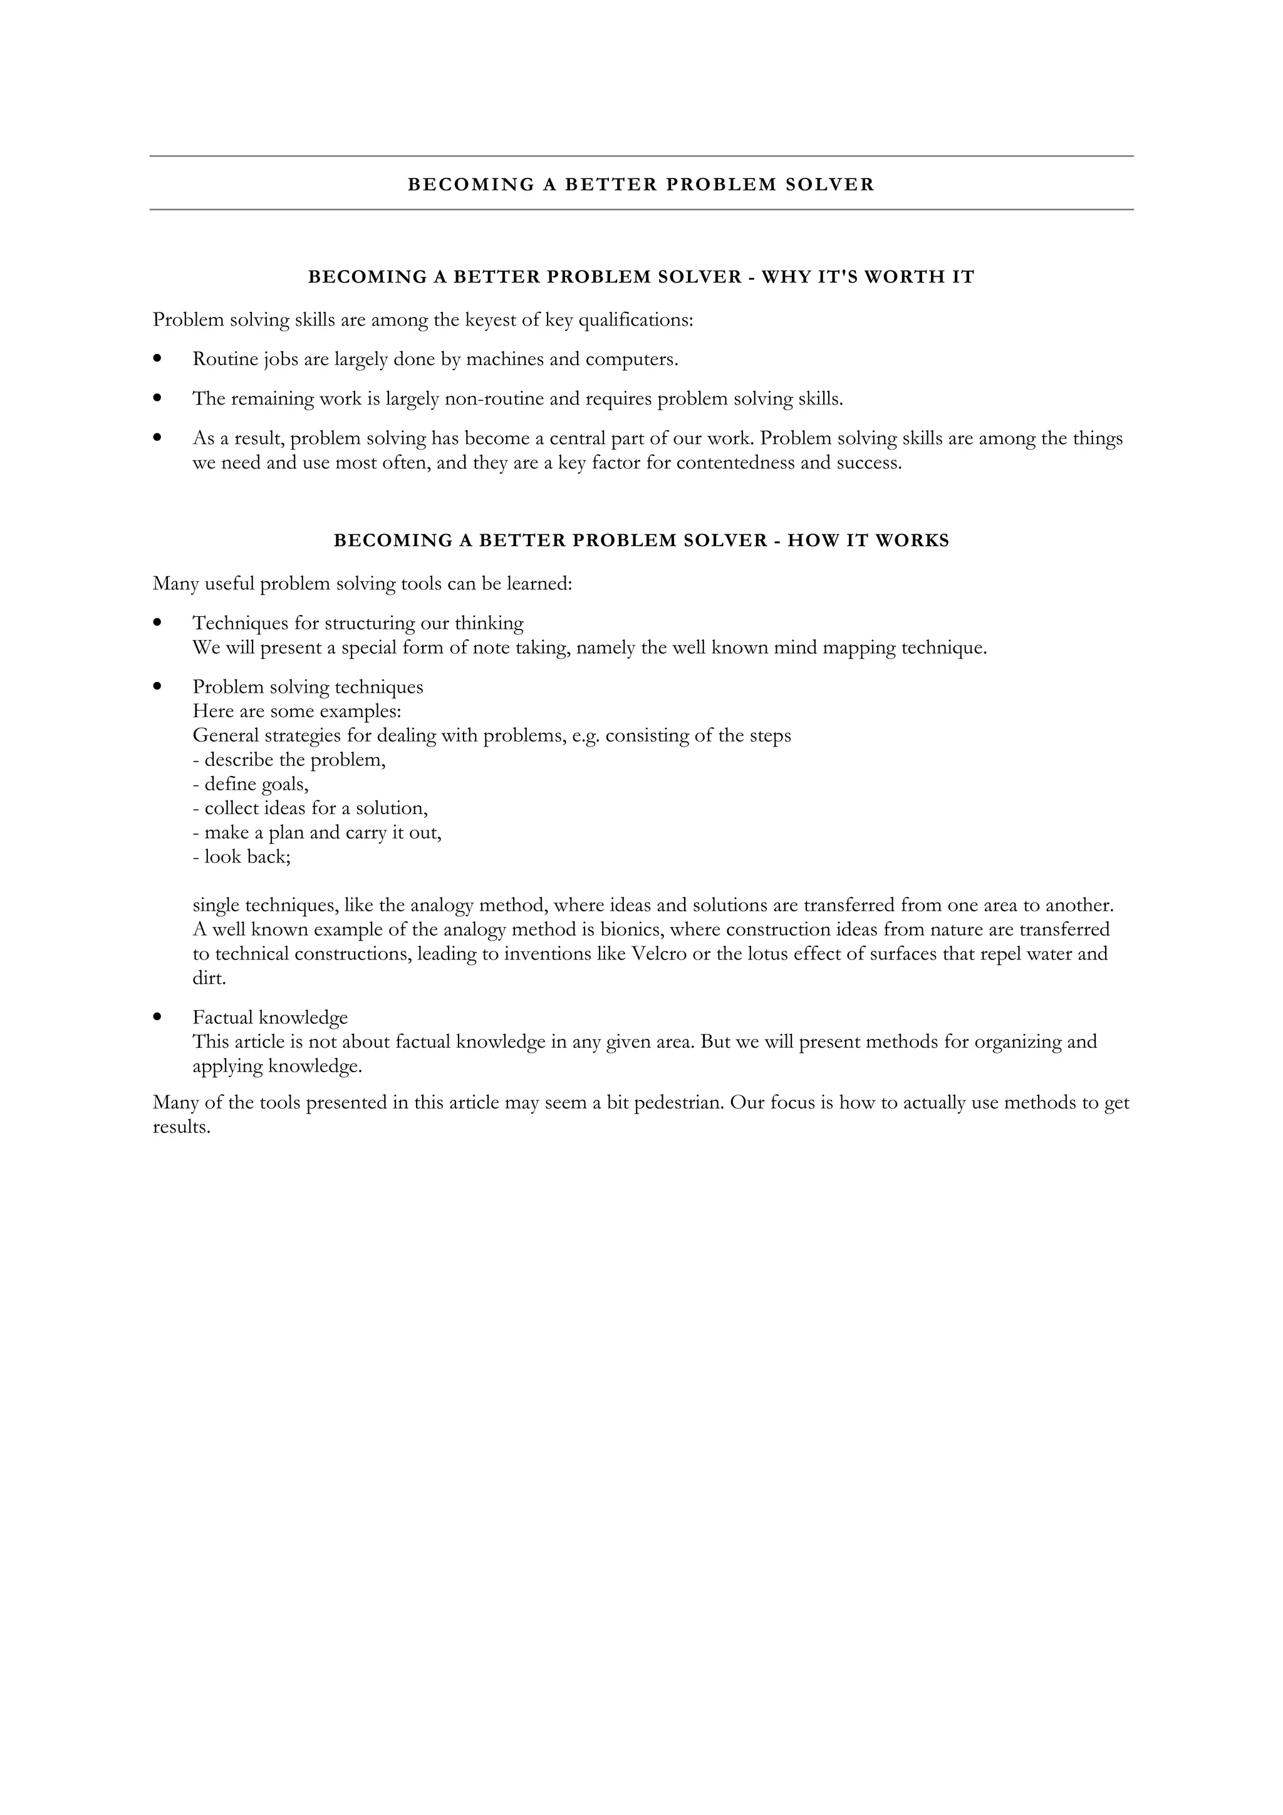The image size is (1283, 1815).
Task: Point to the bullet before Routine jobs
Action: pyautogui.click(x=158, y=359)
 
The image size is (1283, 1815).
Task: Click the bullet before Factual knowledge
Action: pyautogui.click(x=158, y=1017)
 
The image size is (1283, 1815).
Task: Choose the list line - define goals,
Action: pyautogui.click(x=251, y=784)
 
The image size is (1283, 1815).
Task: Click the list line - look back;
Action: pyautogui.click(x=242, y=857)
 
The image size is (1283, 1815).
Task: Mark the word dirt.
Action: pyautogui.click(x=209, y=979)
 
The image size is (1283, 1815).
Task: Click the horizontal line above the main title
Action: pyautogui.click(x=641, y=157)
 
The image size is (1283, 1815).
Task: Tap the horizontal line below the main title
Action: pyautogui.click(x=641, y=209)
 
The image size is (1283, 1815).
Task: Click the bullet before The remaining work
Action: pyautogui.click(x=158, y=398)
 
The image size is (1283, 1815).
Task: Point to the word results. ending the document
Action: pyautogui.click(x=181, y=1127)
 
